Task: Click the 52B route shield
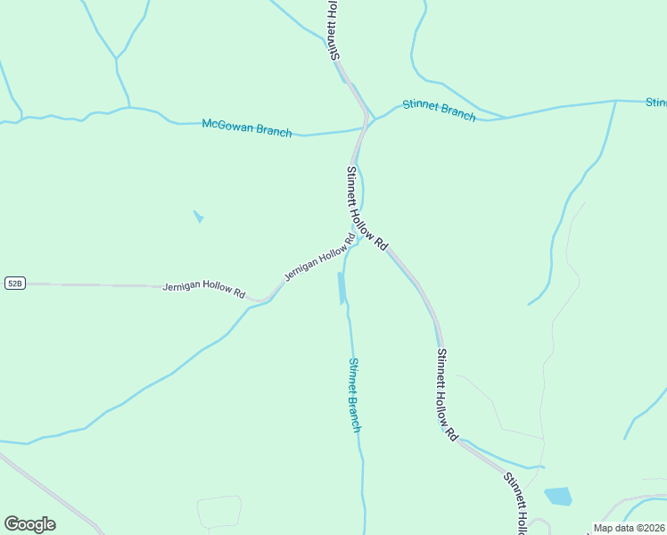coord(14,283)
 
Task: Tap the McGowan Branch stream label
coord(247,128)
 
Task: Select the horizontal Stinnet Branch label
coord(439,110)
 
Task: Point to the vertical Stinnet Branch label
coord(355,395)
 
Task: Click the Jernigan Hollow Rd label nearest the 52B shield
coord(204,289)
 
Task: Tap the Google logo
coord(29,524)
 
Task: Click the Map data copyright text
coord(629,528)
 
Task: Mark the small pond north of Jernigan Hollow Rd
coord(198,217)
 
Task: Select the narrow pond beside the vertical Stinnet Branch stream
coord(342,288)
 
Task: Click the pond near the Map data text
coord(558,497)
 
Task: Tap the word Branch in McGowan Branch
coord(274,131)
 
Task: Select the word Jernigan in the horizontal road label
coord(183,287)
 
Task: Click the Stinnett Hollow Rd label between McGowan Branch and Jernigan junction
coord(367,209)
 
